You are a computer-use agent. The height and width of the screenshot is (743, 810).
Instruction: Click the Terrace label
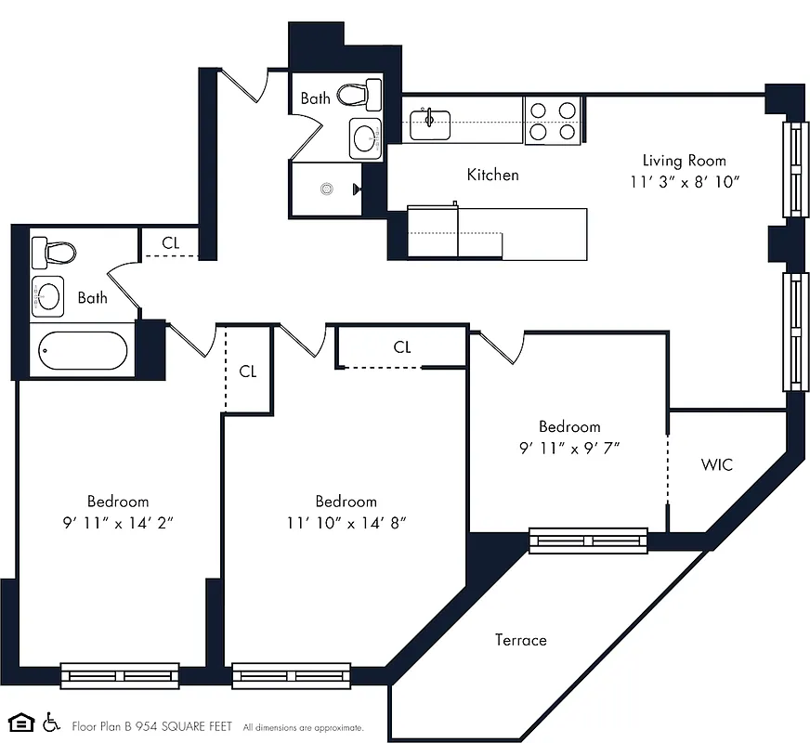pos(520,640)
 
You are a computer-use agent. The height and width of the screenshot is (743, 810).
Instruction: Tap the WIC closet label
pos(716,463)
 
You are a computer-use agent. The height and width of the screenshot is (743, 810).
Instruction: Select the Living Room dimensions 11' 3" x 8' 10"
pos(684,182)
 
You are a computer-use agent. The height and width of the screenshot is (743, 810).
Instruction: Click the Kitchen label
pos(492,175)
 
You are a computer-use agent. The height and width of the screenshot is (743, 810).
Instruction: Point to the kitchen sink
pos(430,122)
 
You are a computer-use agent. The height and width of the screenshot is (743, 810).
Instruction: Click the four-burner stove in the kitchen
pos(552,121)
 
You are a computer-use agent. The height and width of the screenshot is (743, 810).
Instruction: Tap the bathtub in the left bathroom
pos(83,352)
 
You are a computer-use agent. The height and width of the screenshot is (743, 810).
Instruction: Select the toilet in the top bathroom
pos(359,94)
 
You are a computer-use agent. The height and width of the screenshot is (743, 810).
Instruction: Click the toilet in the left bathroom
pos(52,253)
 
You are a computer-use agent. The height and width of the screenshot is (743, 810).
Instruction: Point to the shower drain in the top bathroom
pos(326,189)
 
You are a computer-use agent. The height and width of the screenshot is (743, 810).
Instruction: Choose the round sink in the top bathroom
pos(365,139)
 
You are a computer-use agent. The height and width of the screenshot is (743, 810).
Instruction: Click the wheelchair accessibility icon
pos(51,723)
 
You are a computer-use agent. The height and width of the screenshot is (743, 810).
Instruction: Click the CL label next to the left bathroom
pos(170,243)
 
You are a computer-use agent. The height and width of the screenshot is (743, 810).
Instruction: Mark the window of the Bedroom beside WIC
pos(588,541)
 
